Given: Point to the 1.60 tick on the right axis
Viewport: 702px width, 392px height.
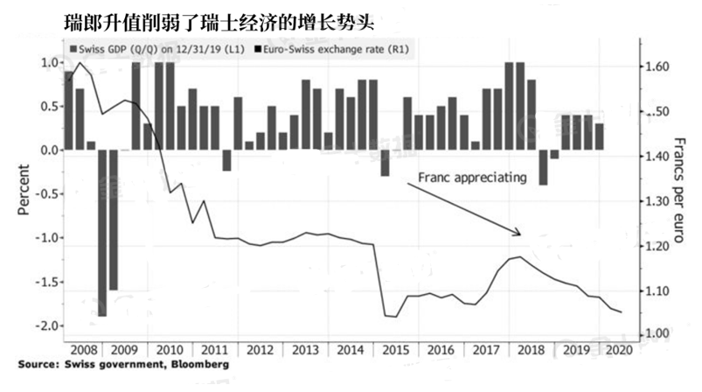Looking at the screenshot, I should (656, 67).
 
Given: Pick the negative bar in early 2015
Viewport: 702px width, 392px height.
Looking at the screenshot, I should (385, 163).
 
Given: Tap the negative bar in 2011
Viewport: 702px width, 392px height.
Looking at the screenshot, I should (226, 160).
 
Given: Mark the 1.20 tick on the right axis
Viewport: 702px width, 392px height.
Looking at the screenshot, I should (656, 247).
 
